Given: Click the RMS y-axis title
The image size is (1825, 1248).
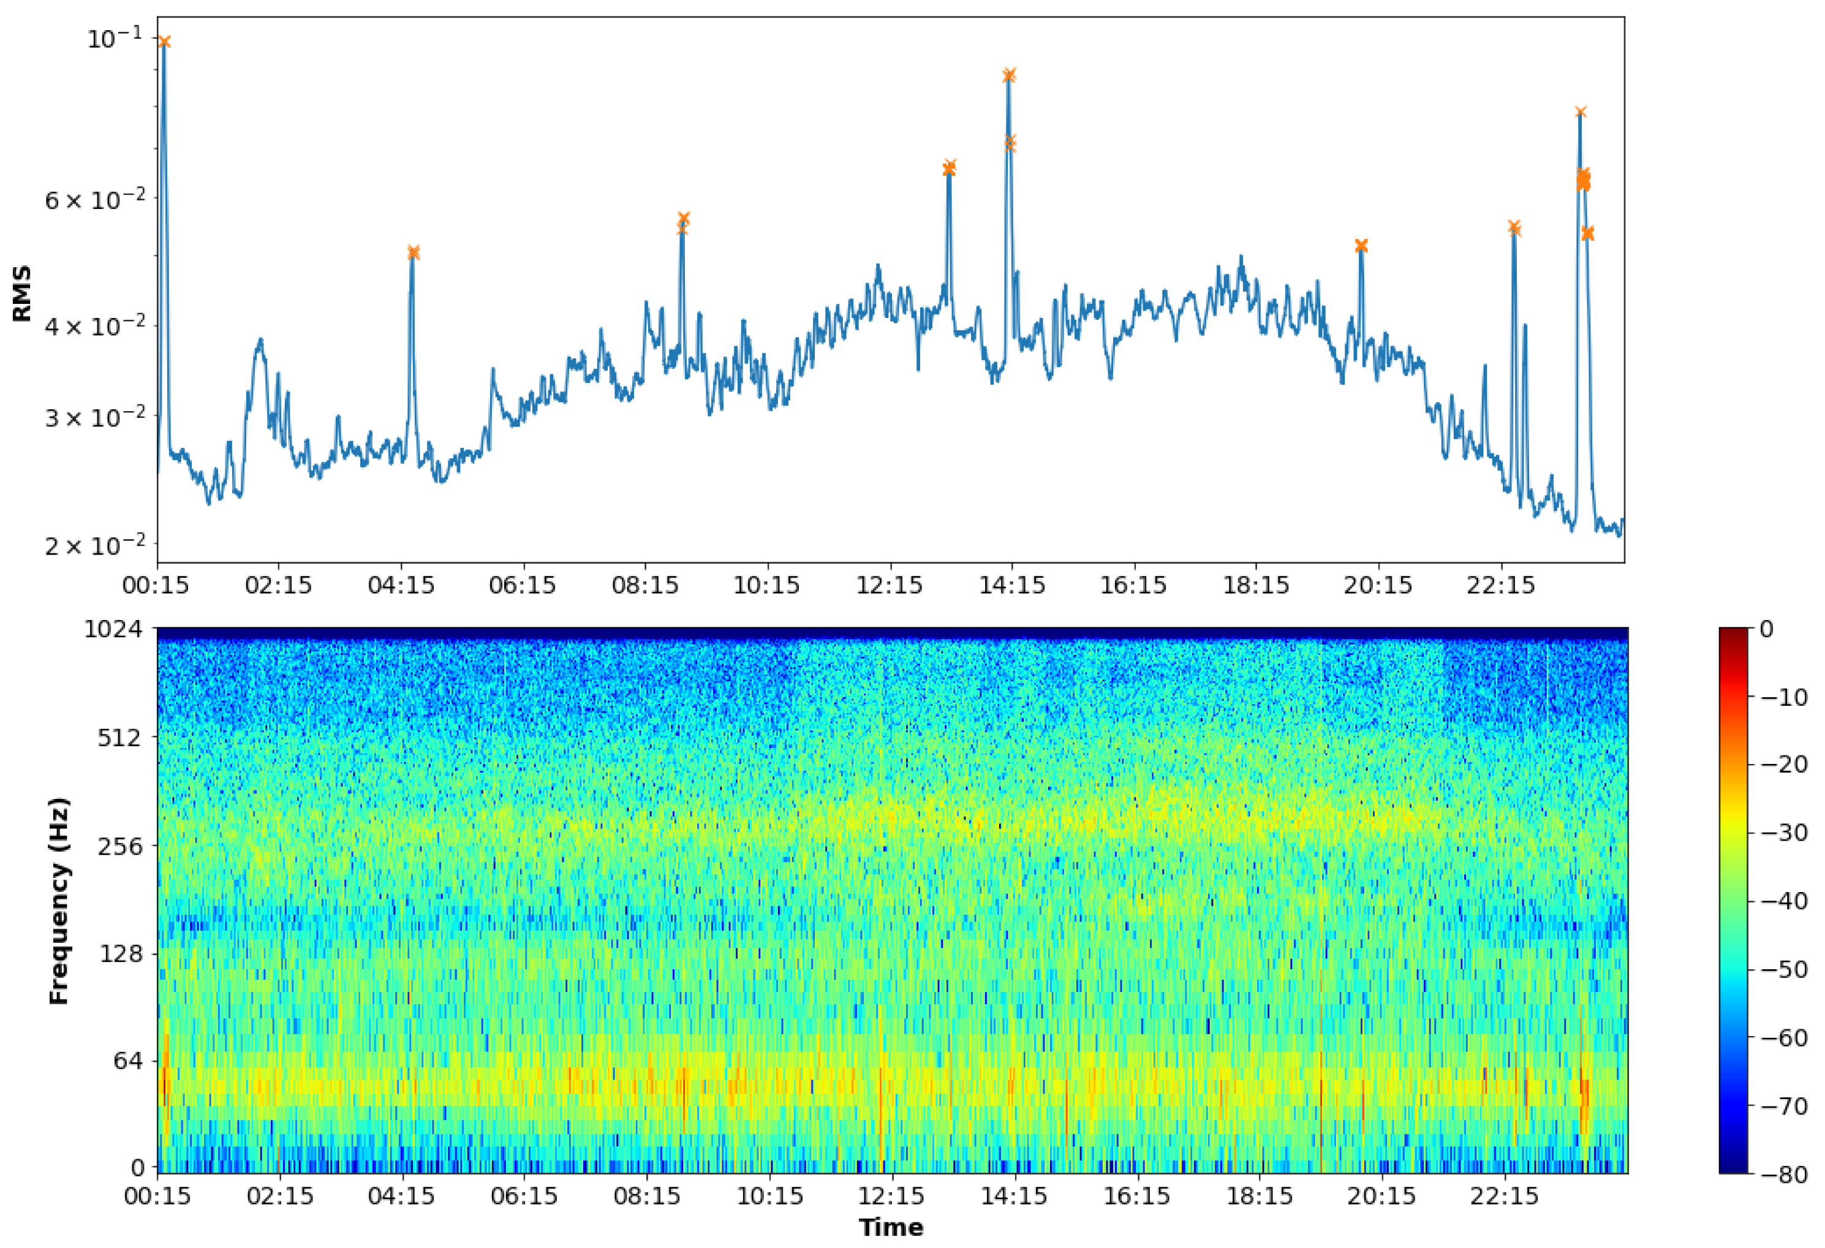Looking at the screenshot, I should click(x=22, y=293).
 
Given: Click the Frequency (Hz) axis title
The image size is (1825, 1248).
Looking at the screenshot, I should click(x=59, y=901).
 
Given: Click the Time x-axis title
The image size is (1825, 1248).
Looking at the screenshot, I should click(x=891, y=1227).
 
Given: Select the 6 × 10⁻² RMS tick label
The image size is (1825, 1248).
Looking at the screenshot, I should click(x=96, y=200).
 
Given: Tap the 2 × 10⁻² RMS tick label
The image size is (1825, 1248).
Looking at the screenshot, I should click(x=96, y=545).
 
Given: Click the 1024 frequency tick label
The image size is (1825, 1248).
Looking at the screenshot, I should click(x=114, y=629).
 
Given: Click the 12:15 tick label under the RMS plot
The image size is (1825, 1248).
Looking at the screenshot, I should click(x=889, y=585).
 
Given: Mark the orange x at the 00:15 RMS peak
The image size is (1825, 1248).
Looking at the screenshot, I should click(x=164, y=42).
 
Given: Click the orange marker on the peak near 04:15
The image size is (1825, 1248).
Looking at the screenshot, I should click(x=413, y=252).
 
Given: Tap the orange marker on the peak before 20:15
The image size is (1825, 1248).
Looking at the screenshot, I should click(x=1361, y=246).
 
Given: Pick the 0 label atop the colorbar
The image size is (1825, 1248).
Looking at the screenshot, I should click(x=1766, y=629).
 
